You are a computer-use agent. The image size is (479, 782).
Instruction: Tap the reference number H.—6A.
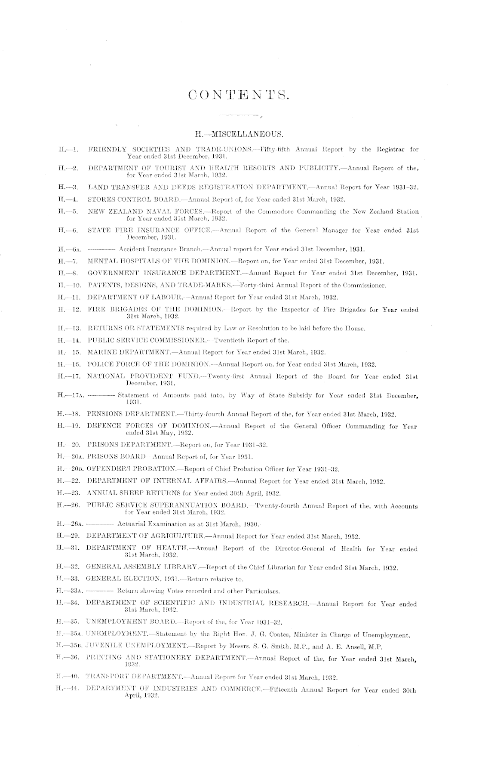coord(69,249)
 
